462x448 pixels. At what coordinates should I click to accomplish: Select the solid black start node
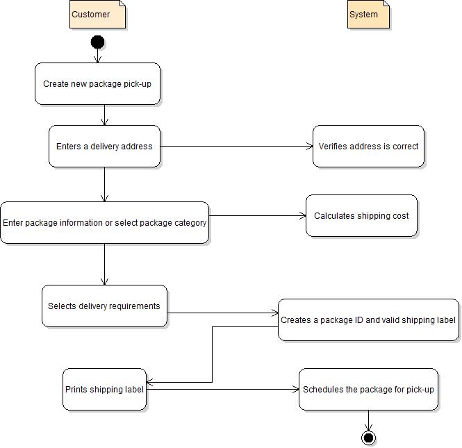click(x=97, y=42)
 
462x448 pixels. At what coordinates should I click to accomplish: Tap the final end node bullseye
click(x=368, y=438)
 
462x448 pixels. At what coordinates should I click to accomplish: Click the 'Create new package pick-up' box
click(x=97, y=84)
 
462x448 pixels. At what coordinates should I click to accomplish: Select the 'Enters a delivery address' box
click(x=104, y=147)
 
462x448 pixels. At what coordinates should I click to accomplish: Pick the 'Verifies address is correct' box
click(x=368, y=147)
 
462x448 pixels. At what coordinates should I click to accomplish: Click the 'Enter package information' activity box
click(x=104, y=223)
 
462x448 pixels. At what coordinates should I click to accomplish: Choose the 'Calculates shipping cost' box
click(x=361, y=216)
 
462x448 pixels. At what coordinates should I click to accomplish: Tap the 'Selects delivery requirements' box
click(x=104, y=306)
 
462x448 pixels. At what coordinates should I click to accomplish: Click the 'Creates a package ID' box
click(x=368, y=320)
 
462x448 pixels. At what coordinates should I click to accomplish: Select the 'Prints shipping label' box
click(x=104, y=390)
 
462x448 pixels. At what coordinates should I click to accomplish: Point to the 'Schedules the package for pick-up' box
click(x=368, y=390)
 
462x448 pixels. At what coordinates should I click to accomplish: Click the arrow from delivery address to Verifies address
click(x=236, y=147)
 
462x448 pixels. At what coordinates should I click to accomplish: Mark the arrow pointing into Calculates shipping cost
click(x=257, y=216)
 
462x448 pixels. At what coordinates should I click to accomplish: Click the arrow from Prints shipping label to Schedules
click(x=222, y=390)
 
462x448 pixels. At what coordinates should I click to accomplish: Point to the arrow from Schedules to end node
click(x=368, y=420)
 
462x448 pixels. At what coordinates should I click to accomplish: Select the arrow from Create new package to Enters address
click(x=104, y=115)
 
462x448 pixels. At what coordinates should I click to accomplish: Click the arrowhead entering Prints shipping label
click(x=151, y=382)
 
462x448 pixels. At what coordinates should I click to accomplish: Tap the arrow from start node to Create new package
click(x=97, y=56)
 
